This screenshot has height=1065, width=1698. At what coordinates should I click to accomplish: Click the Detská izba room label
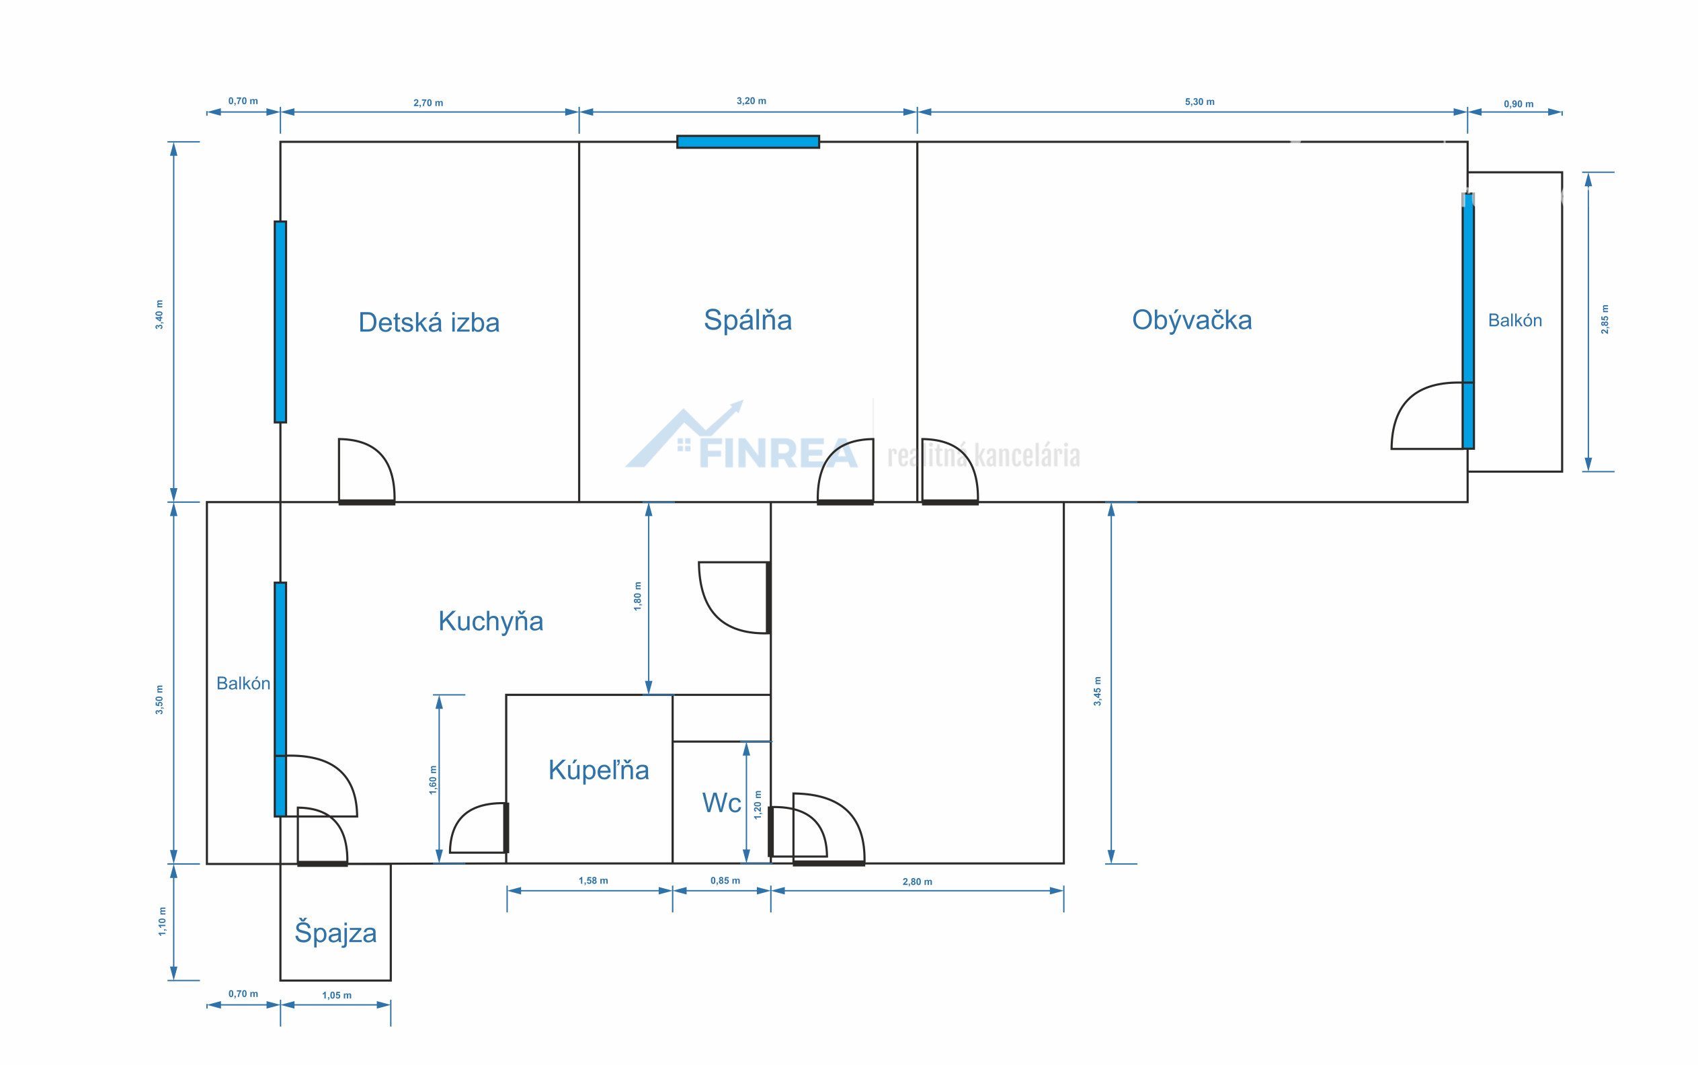(x=429, y=322)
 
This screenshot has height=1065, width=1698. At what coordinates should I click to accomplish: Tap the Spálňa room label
(x=747, y=320)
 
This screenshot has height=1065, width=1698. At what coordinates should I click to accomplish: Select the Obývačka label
(x=1192, y=320)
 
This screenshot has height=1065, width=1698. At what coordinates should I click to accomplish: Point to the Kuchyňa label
(x=491, y=621)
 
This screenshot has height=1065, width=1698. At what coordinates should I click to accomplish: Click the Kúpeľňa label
(x=599, y=770)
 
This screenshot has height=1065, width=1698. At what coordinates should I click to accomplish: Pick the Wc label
(x=721, y=803)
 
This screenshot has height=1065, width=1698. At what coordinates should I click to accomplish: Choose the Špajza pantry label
(x=335, y=932)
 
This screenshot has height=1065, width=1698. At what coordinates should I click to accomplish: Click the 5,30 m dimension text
(x=1199, y=102)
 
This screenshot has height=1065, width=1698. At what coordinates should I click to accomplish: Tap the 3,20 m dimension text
(x=752, y=102)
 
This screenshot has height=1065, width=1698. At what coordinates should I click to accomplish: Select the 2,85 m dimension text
(x=1605, y=319)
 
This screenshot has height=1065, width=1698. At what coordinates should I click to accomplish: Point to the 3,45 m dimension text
(x=1097, y=691)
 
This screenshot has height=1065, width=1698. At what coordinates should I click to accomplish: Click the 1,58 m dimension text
(x=593, y=881)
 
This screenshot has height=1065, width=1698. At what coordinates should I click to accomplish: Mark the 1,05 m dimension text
(x=337, y=995)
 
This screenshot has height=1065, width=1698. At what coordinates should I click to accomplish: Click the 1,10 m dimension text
(x=162, y=921)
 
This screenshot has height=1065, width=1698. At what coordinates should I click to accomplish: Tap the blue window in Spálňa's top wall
(x=748, y=142)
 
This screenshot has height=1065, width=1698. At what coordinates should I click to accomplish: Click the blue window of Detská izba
(x=280, y=322)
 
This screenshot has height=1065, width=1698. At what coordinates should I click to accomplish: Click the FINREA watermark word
(x=778, y=454)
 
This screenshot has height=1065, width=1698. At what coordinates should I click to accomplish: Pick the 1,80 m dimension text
(x=637, y=596)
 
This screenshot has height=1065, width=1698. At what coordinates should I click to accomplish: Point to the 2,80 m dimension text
(x=917, y=882)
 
